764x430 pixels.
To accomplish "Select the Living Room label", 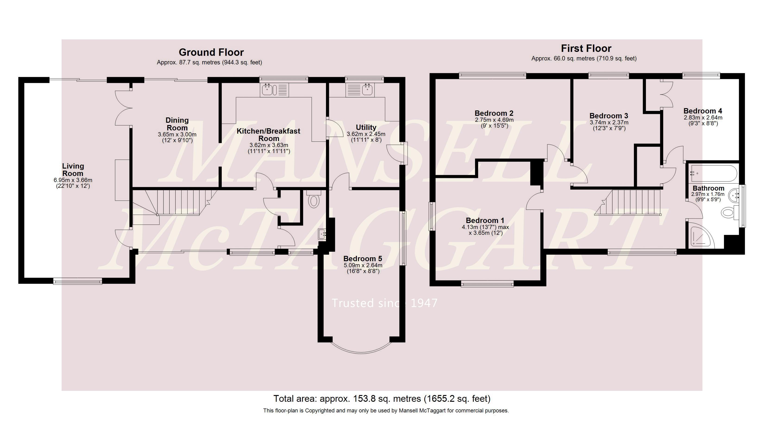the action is pyautogui.click(x=73, y=170).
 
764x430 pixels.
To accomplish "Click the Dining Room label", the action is pyautogui.click(x=177, y=124).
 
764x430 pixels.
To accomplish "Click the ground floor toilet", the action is pyautogui.click(x=313, y=199).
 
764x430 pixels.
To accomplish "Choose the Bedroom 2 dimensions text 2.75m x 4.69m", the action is pyautogui.click(x=494, y=120).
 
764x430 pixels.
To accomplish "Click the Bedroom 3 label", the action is pyautogui.click(x=609, y=116).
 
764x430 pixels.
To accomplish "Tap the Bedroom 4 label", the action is pyautogui.click(x=703, y=111).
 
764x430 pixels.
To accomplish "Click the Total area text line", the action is pyautogui.click(x=382, y=399).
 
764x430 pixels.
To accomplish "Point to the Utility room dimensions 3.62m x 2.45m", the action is pyautogui.click(x=366, y=134).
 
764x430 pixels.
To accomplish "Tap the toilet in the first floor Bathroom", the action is pyautogui.click(x=729, y=212).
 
